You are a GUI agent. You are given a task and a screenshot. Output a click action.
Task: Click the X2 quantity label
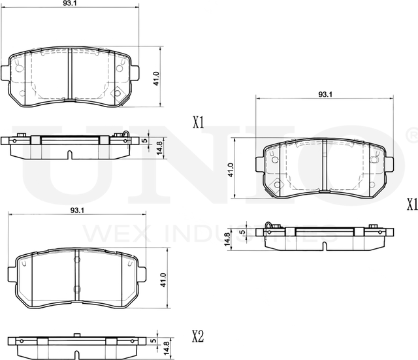[198, 337]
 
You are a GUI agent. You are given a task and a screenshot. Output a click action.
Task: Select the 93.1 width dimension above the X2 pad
[77, 210]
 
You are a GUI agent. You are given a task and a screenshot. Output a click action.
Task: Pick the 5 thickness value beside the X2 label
[152, 340]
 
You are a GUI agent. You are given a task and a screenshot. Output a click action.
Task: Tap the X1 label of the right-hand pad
[411, 205]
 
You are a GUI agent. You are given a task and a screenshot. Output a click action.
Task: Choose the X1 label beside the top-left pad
[199, 122]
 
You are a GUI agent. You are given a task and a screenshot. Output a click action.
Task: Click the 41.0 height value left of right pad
[230, 171]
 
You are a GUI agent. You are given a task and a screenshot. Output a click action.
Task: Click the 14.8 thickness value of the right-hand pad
[227, 238]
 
